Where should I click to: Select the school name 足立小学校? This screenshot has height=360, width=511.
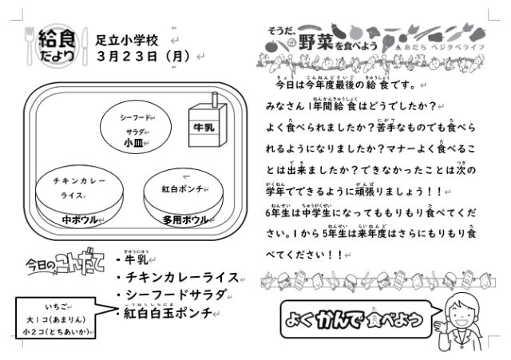[x=127, y=39]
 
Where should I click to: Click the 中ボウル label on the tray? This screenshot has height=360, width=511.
[x=80, y=220]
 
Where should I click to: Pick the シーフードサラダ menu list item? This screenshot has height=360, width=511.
[x=176, y=295]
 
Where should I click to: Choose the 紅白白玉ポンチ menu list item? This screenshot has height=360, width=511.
[x=169, y=314]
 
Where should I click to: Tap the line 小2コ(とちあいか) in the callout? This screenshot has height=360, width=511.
[x=57, y=331]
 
